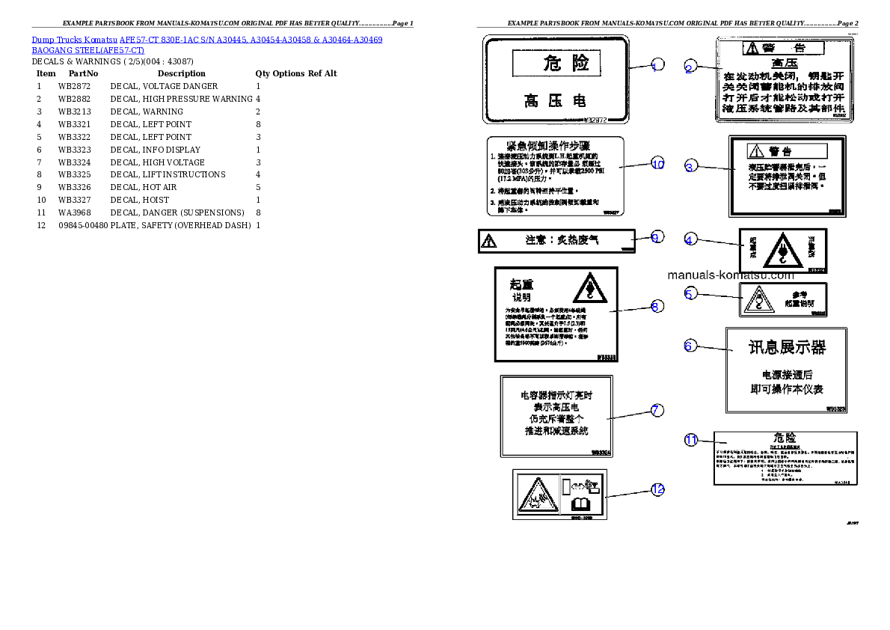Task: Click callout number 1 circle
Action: tap(657, 66)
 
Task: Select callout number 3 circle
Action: tap(690, 166)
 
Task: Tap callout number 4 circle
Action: tap(690, 239)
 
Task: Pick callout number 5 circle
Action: tap(690, 293)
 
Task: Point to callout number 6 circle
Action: tap(690, 346)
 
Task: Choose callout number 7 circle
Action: tap(656, 410)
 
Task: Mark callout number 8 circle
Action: tap(656, 305)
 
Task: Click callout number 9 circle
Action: tap(656, 237)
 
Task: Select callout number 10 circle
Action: tap(657, 164)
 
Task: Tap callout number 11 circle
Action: tap(691, 440)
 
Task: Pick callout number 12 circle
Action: tap(657, 489)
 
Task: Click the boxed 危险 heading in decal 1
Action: tap(556, 63)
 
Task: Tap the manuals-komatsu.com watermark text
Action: tap(731, 275)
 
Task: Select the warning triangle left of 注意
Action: tap(489, 241)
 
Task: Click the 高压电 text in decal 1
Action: tap(555, 100)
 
